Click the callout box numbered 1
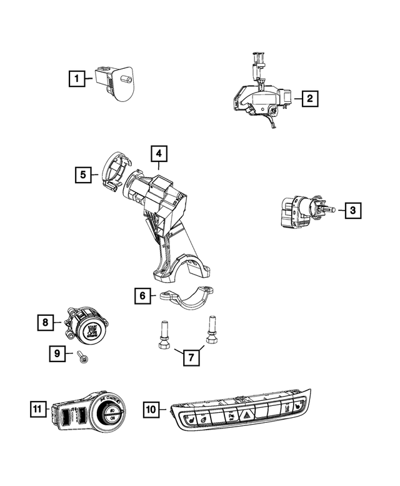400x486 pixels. (x=77, y=79)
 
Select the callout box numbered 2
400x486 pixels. (x=309, y=98)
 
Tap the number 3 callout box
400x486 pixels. (x=352, y=211)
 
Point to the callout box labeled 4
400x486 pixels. (x=159, y=153)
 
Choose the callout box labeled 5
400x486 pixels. (x=83, y=175)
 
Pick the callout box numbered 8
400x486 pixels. (x=45, y=323)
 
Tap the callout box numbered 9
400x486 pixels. (x=57, y=353)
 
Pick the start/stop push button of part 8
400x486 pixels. (x=92, y=331)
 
